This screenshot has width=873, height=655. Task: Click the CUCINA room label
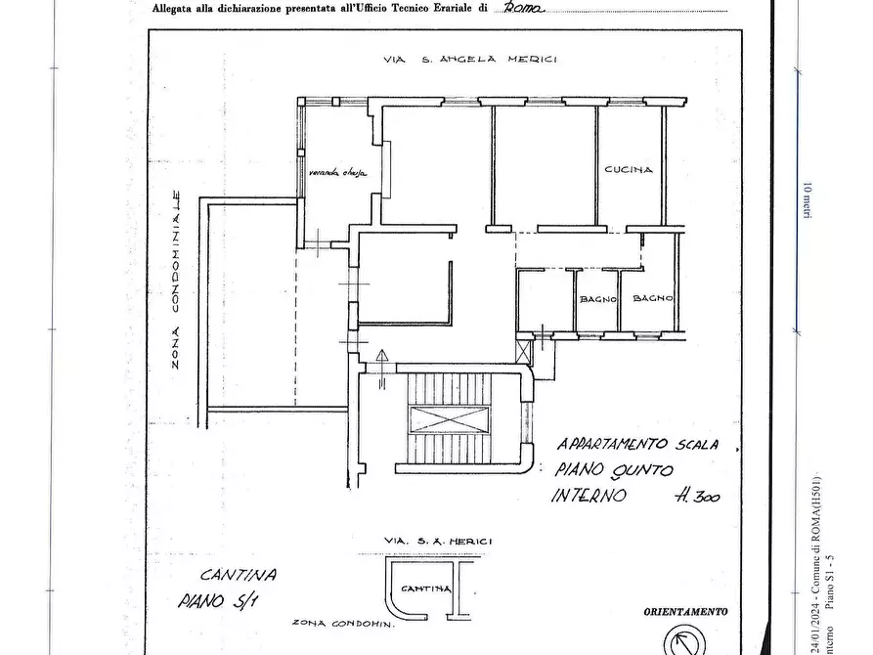coord(628,170)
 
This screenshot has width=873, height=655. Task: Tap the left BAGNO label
coord(596,299)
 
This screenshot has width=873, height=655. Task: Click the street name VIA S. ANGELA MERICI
coord(469,61)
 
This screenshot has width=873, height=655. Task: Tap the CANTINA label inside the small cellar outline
coord(426,589)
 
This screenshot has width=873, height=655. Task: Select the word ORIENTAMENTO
coord(685,612)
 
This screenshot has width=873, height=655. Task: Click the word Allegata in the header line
coord(173,9)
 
